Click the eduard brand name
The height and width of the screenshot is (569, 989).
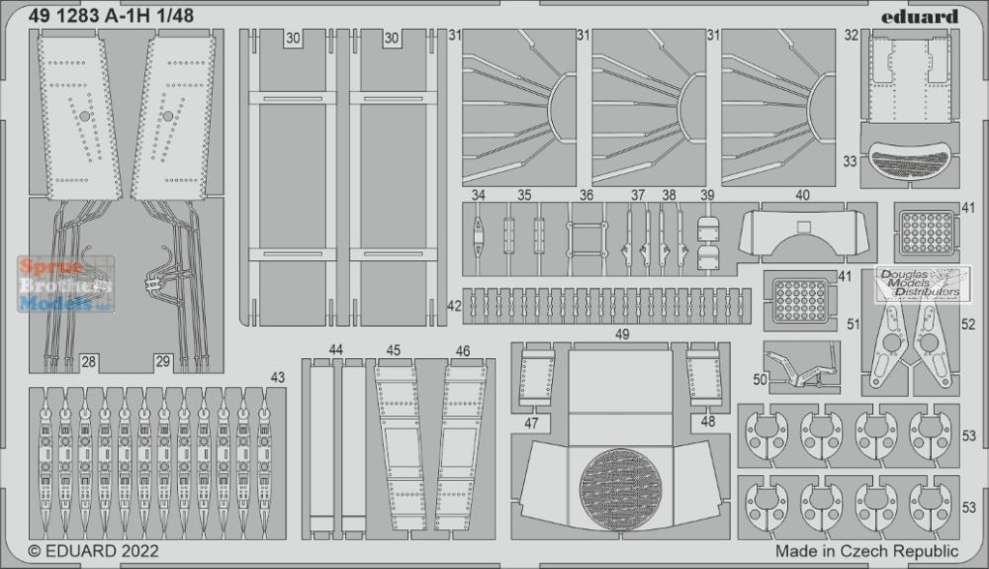[920, 17]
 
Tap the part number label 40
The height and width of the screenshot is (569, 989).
[802, 196]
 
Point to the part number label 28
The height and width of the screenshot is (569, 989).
[89, 362]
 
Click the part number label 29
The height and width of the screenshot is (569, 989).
[163, 362]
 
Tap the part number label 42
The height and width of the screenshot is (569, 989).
[454, 306]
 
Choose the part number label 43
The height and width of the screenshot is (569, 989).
[278, 378]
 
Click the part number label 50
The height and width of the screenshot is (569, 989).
[760, 379]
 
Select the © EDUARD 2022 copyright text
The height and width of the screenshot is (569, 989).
[93, 551]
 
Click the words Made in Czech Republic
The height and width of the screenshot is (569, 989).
[866, 551]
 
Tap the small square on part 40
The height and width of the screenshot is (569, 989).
[803, 228]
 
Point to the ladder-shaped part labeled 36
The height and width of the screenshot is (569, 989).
[586, 239]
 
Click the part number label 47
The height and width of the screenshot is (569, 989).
[532, 424]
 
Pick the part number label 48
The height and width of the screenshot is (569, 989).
[708, 422]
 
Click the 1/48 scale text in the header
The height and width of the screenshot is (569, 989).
[175, 17]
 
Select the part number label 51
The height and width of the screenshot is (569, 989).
[854, 325]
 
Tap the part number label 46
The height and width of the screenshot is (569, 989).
[462, 351]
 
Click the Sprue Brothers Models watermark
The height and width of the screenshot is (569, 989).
[65, 284]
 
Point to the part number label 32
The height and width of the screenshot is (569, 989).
[852, 36]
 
